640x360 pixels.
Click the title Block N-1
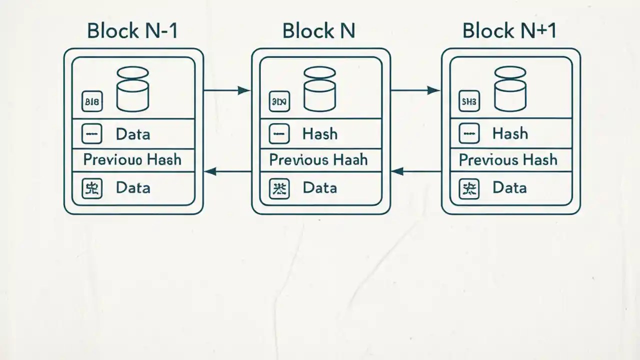pos(132,31)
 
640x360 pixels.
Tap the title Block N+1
pos(509,31)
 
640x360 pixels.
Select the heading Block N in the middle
pos(318,31)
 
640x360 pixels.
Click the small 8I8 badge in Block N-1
pos(92,103)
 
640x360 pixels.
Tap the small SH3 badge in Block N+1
pos(468,103)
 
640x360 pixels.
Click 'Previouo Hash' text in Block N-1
pos(132,160)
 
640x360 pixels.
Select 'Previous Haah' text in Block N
pos(318,160)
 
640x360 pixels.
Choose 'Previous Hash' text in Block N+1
pos(508,160)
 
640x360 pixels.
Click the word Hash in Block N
pos(320,134)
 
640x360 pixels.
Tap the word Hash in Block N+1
pos(510,133)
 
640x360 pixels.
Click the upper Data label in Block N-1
pos(132,134)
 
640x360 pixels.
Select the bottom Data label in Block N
pos(320,188)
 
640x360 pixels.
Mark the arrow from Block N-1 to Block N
pos(227,90)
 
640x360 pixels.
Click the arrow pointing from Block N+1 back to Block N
pos(416,171)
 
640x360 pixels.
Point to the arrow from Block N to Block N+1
pos(415,90)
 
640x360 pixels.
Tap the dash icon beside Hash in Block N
pos(279,134)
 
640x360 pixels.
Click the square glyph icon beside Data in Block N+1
pos(468,189)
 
